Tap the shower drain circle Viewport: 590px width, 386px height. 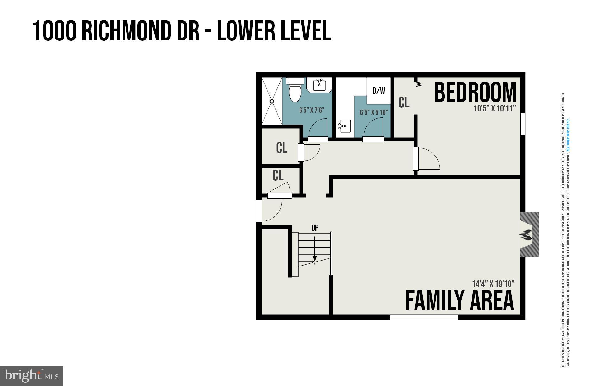coord(272,101)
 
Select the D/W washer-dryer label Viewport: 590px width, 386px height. coord(379,91)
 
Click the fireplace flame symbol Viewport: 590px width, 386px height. coord(526,235)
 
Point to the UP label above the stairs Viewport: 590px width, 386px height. coord(315,228)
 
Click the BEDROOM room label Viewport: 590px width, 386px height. coord(475,92)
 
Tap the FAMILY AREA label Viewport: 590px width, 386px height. coord(459,300)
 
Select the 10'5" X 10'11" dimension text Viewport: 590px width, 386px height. coord(495,109)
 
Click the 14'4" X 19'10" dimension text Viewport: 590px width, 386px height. coord(493,284)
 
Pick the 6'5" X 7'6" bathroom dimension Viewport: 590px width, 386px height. coord(312,110)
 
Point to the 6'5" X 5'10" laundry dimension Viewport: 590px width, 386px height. coord(374,112)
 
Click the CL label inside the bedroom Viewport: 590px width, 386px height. coord(404,102)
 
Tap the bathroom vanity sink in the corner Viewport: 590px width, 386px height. coord(319,84)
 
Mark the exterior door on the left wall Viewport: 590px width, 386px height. coord(259,211)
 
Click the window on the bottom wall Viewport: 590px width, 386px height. coord(424,317)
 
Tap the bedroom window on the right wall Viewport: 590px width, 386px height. coord(523,124)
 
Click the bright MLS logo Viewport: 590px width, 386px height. coord(31,376)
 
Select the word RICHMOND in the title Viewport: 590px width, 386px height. coord(140,31)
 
